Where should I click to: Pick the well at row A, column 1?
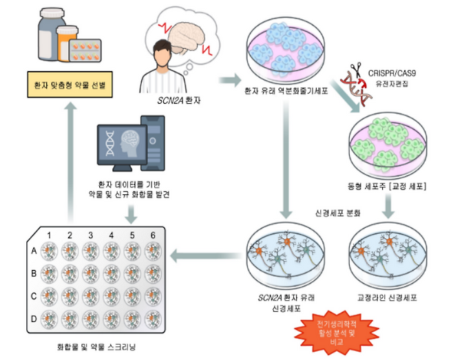[x=50, y=253]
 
